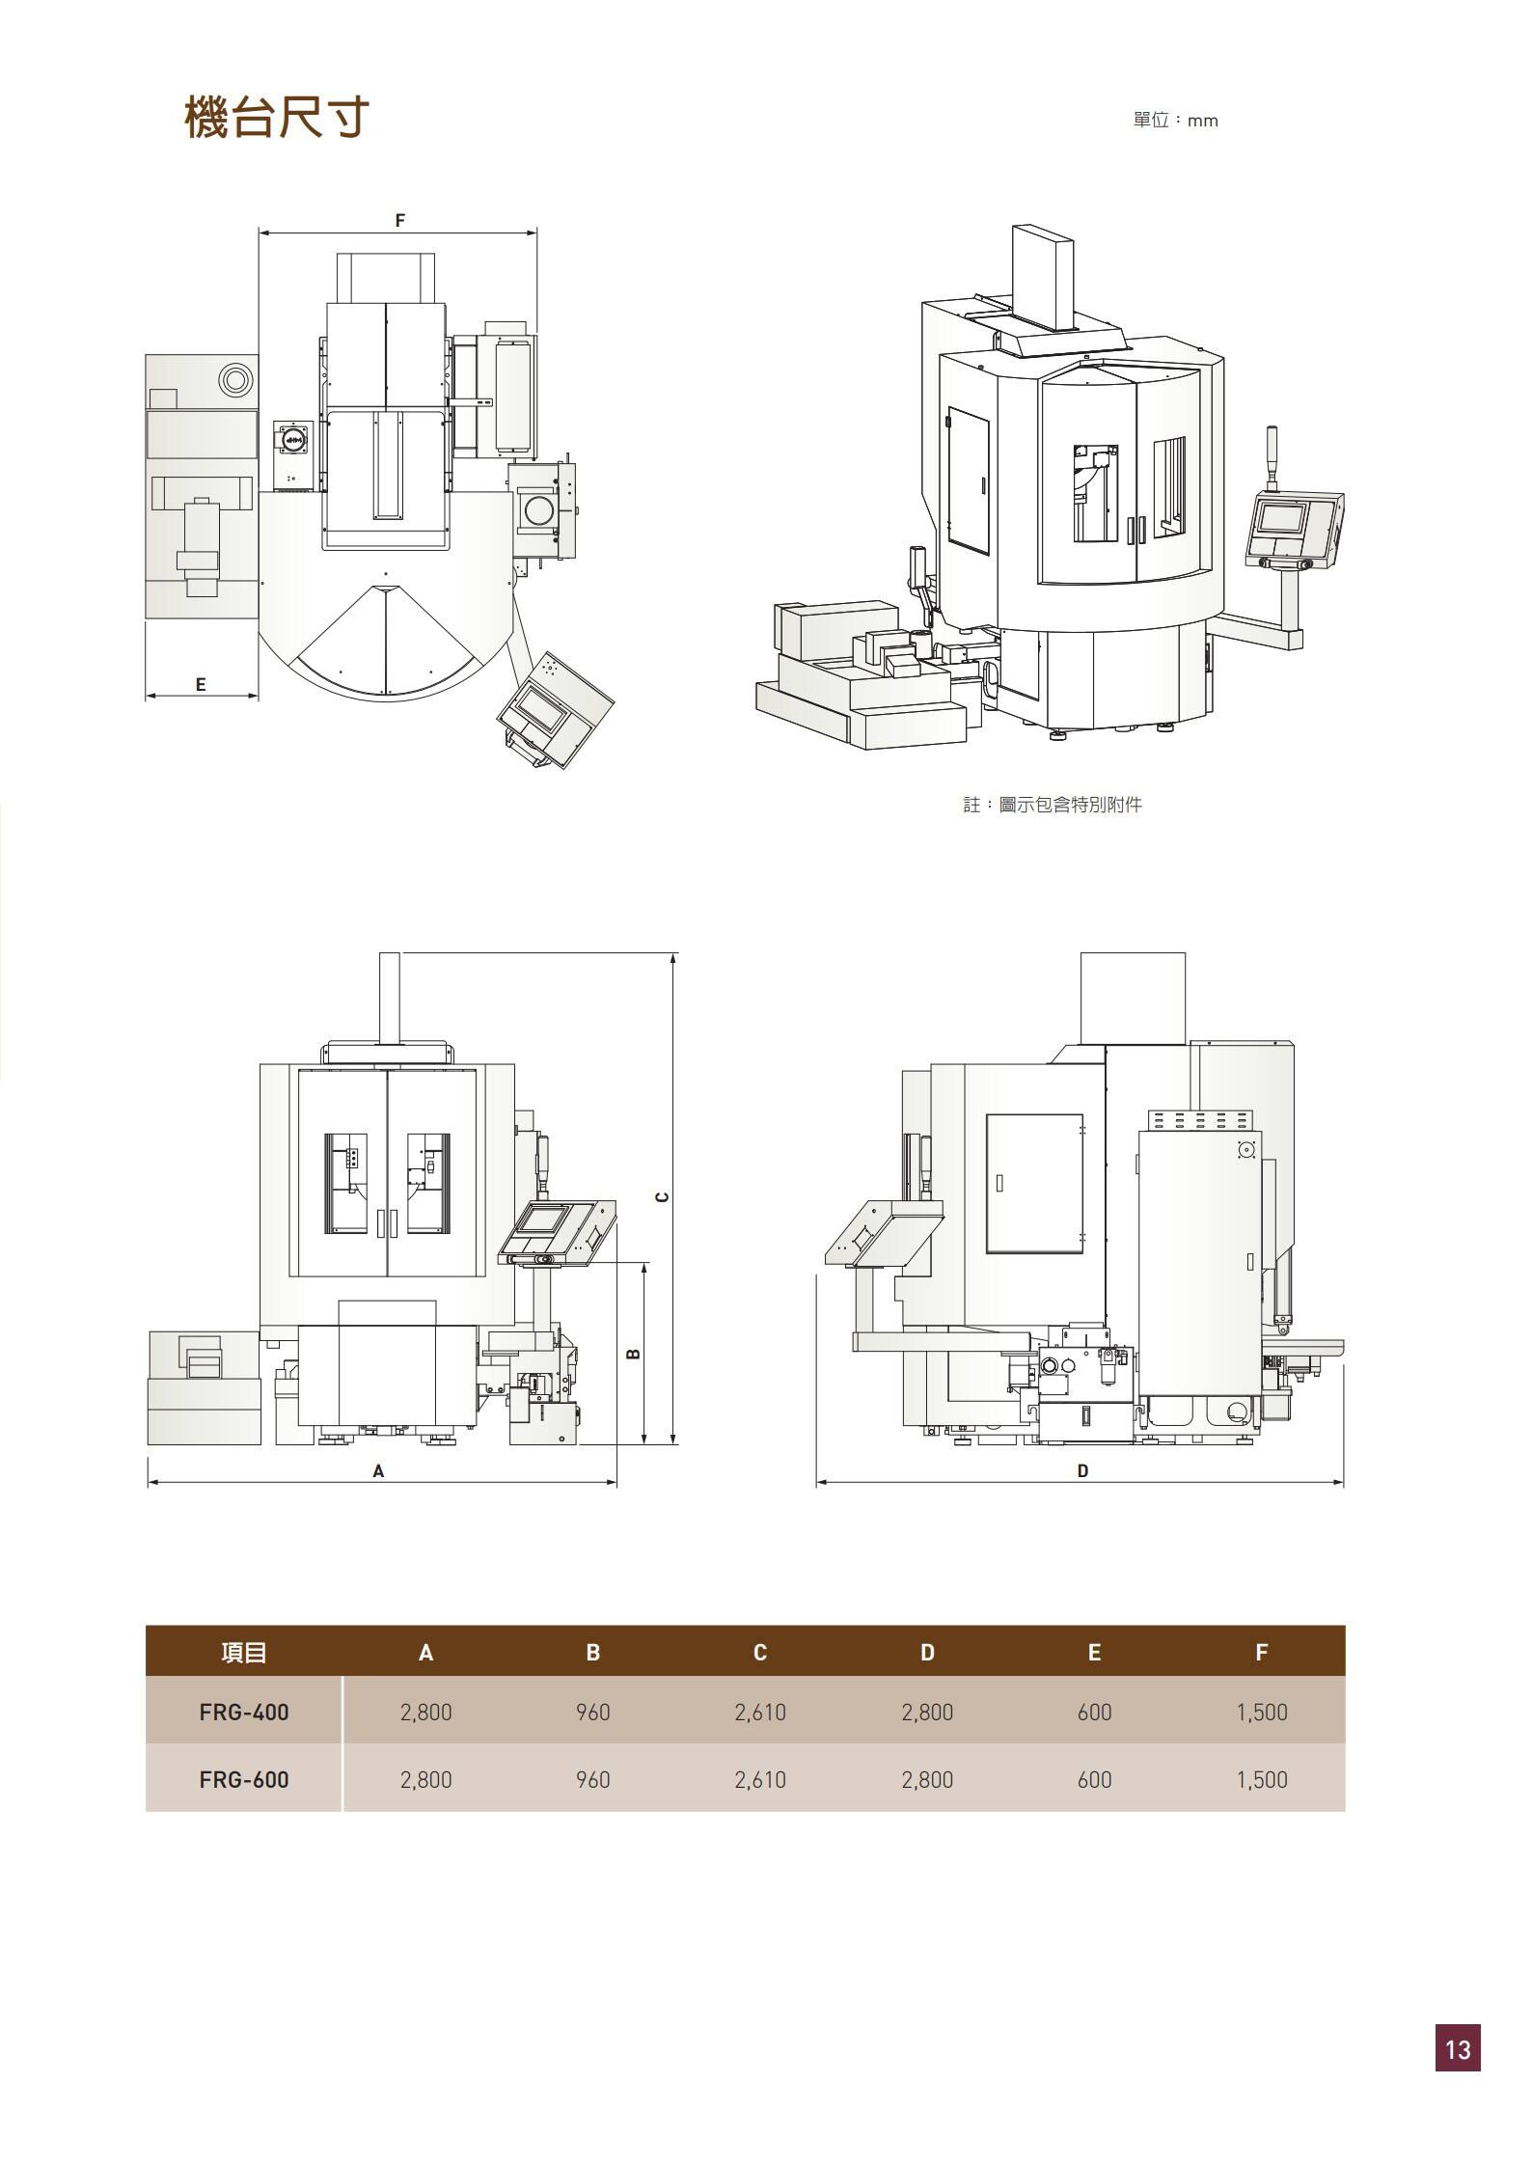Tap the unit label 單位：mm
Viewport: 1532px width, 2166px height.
tap(1176, 121)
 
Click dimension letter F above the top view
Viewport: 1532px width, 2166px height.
tap(400, 220)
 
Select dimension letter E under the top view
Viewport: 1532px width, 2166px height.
tap(201, 684)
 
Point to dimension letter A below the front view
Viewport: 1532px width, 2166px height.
tap(378, 1471)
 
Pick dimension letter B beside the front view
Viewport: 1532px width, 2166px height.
tap(634, 1354)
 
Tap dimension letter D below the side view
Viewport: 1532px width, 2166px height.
tap(1082, 1471)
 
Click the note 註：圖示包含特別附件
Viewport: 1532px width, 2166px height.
tap(1053, 805)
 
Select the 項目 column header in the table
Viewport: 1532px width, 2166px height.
tap(244, 1653)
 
